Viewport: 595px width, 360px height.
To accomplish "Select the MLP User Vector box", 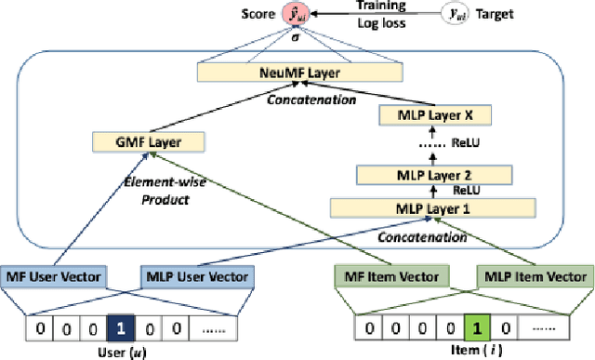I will click(x=194, y=276).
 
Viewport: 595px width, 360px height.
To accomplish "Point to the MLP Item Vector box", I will click(x=534, y=276).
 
